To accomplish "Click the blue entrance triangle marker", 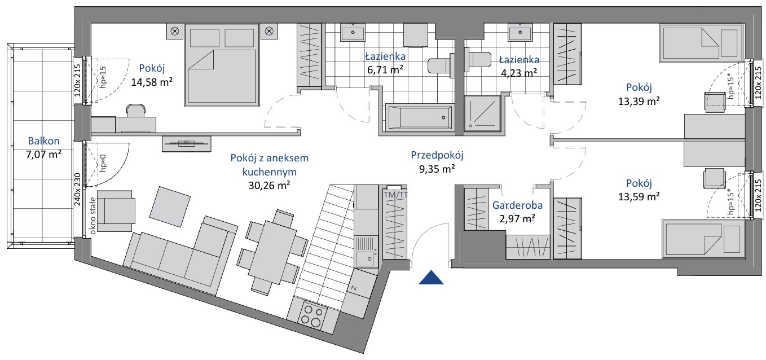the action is (431, 278).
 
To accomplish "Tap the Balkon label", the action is (44, 141).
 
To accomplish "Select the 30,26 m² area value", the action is (269, 185).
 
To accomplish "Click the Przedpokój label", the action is (437, 155).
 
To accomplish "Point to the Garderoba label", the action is (517, 205).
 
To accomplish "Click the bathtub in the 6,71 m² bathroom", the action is (420, 117).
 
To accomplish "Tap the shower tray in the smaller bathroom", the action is (482, 113).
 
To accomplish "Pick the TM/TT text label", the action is (395, 195).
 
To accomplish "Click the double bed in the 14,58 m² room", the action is (222, 65).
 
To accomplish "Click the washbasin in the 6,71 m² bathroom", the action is (353, 33).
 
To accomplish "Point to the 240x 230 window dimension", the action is (77, 189).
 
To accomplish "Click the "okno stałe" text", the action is (93, 216).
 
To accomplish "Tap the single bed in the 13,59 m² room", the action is (703, 239).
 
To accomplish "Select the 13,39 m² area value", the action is (639, 102).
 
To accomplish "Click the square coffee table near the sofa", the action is (170, 207).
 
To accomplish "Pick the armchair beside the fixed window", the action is (116, 211).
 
